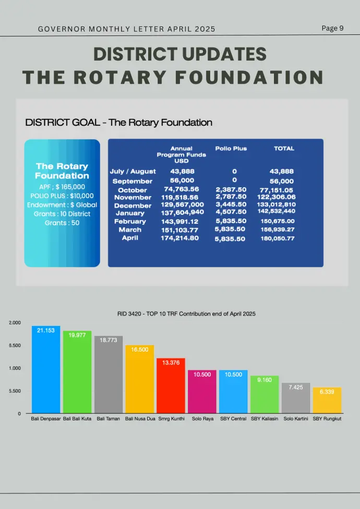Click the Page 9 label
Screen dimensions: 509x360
click(332, 28)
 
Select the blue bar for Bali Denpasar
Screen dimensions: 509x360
click(46, 370)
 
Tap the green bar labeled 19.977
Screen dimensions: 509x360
click(77, 373)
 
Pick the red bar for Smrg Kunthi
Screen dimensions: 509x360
click(171, 386)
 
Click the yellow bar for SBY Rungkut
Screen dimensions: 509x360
click(327, 401)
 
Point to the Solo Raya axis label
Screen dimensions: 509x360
click(202, 419)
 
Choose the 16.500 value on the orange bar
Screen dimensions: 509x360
click(140, 350)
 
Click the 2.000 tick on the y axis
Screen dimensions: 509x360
click(15, 323)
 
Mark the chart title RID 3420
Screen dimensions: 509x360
click(186, 314)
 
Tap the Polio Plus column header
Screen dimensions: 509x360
click(231, 149)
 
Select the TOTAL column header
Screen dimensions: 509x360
click(284, 149)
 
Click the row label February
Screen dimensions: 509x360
click(130, 222)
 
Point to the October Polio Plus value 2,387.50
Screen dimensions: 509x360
click(231, 189)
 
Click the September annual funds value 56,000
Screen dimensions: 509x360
click(181, 180)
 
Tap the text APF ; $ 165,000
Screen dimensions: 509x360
click(62, 187)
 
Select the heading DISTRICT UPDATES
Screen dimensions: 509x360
click(180, 54)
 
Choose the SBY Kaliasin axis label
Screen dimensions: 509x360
click(265, 419)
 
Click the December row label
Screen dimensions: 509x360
click(133, 205)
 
